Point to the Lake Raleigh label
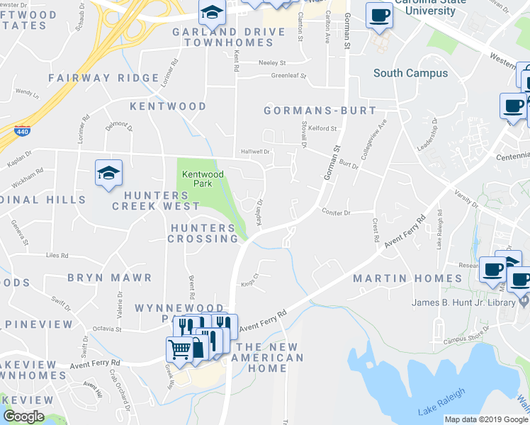(441, 402)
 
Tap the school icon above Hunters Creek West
(108, 172)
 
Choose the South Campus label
(410, 73)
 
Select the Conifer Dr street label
(336, 212)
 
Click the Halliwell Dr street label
(256, 151)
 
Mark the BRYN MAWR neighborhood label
(110, 278)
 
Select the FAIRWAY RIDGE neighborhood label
(103, 78)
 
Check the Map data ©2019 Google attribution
(486, 419)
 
